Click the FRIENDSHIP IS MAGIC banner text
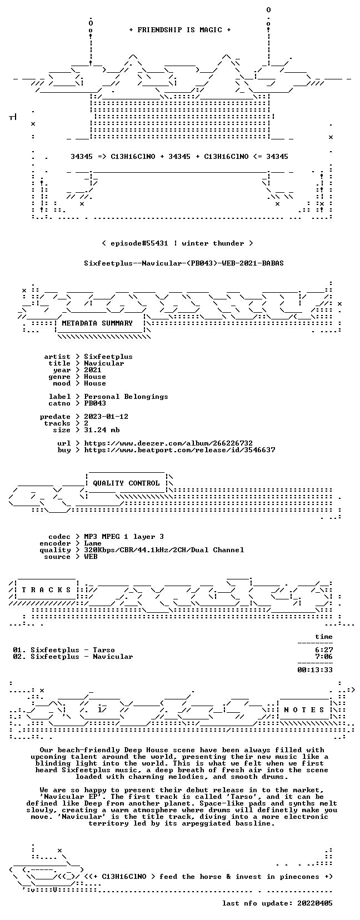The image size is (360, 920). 180,30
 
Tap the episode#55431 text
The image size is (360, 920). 139,243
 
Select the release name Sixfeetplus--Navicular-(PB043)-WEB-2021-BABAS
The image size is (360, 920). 183,263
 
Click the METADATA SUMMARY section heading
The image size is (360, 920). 97,323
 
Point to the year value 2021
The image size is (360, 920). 93,370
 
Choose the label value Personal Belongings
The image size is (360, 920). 126,397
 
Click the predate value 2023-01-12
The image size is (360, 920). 106,417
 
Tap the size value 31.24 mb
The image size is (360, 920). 102,430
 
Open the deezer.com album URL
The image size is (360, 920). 168,443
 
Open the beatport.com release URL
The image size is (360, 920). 179,450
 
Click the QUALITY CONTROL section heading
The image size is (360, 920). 126,483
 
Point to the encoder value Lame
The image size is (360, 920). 93,543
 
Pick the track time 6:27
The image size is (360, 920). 324,650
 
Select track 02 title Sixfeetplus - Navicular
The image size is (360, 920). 82,656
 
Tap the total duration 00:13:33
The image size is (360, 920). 315,670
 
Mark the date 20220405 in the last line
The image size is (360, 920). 315,903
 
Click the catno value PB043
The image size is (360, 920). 95,403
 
